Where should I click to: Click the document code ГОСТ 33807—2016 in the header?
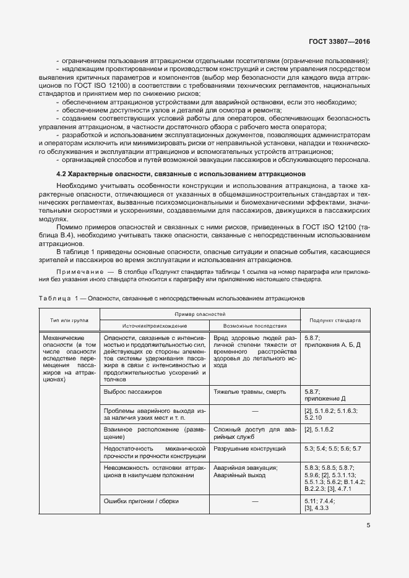point(343,43)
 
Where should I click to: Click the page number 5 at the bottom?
point(368,527)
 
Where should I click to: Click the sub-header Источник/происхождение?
point(155,326)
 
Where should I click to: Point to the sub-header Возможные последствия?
point(254,326)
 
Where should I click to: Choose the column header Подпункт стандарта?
point(335,320)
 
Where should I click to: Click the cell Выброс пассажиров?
point(134,392)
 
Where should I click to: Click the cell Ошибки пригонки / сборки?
point(142,501)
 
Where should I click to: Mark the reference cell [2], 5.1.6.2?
point(319,428)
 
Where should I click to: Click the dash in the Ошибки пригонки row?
point(254,501)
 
